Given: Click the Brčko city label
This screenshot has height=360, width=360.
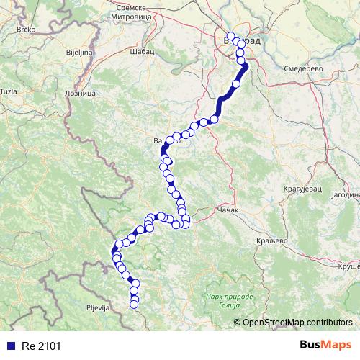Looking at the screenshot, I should click(27, 30).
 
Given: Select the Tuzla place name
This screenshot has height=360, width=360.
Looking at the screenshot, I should click(9, 91).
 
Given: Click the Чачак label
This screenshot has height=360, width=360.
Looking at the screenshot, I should click(228, 212).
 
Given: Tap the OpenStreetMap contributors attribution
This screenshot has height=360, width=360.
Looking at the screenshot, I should click(297, 323).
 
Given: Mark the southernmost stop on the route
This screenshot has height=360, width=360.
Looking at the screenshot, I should click(134, 305).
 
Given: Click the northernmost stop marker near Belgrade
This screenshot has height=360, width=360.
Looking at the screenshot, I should click(230, 36).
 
